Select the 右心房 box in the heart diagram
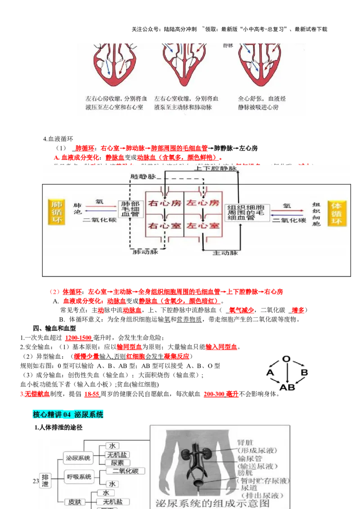click(165, 203)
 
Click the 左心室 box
click(203, 225)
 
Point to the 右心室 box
click(165, 225)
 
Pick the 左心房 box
click(203, 203)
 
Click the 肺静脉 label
click(143, 177)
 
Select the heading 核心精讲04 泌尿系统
click(68, 415)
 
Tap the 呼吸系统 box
click(79, 476)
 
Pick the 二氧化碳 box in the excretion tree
click(126, 471)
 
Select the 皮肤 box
click(75, 501)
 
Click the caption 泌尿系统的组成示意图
click(207, 503)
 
